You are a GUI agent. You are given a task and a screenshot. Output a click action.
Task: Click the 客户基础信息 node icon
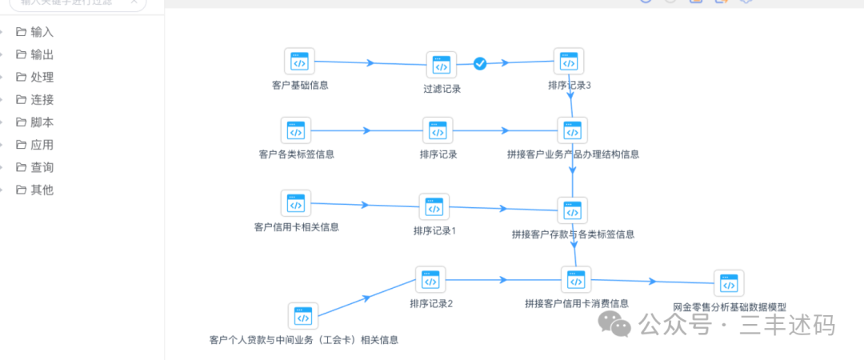299,62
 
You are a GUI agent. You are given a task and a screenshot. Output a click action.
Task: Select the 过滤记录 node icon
441,66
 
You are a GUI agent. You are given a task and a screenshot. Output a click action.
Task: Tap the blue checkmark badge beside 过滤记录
480,63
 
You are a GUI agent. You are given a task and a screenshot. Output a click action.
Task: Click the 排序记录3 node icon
568,62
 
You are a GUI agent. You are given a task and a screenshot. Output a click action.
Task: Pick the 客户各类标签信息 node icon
296,130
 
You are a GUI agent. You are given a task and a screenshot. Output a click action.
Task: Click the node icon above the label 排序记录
438,131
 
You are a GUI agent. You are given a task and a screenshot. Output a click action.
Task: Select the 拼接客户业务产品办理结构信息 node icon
572,131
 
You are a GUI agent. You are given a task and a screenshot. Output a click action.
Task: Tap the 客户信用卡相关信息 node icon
296,204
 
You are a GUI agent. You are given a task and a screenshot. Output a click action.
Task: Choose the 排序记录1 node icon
434,208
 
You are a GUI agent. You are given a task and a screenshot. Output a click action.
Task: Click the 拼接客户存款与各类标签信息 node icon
572,211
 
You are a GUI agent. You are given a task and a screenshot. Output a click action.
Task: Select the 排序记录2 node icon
430,281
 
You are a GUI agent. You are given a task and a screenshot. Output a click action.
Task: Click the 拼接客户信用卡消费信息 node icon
576,281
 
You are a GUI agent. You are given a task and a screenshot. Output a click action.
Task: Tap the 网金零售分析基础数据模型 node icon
728,285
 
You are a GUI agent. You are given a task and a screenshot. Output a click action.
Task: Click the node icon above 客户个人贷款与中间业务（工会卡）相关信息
302,317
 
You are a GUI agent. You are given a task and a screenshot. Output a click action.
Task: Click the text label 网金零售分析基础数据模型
730,307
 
